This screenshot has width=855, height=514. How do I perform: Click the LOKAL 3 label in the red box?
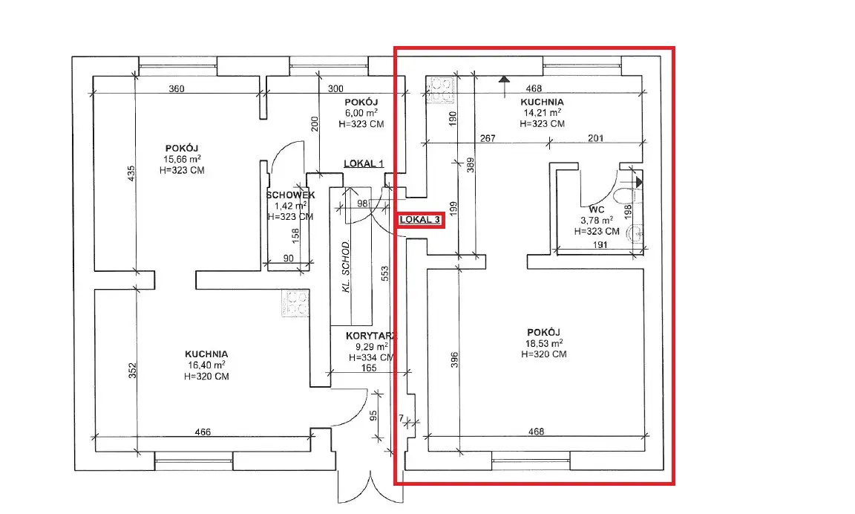420,220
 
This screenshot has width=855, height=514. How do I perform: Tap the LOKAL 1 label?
364,163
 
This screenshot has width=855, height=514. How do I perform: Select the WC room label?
597,209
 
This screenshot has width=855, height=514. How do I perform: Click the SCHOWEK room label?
291,195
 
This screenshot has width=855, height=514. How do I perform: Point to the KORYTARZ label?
371,336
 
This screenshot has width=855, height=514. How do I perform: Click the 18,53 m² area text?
543,343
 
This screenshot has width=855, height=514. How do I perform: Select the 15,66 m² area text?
182,159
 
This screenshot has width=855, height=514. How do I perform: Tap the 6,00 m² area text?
361,113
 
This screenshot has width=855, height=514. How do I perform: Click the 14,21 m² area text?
543,112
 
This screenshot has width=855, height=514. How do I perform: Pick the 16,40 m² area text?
206,365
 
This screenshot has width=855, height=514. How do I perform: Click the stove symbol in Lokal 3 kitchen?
442,90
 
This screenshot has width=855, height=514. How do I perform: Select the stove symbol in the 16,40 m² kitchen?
295,303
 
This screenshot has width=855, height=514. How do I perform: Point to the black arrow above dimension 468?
505,80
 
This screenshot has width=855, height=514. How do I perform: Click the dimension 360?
177,88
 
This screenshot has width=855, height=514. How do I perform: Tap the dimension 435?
131,174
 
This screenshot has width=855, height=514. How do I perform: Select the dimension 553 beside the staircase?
385,273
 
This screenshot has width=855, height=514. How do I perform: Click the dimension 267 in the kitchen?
488,138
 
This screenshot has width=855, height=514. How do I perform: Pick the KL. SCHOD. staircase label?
346,266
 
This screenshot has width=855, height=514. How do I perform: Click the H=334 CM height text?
371,357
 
